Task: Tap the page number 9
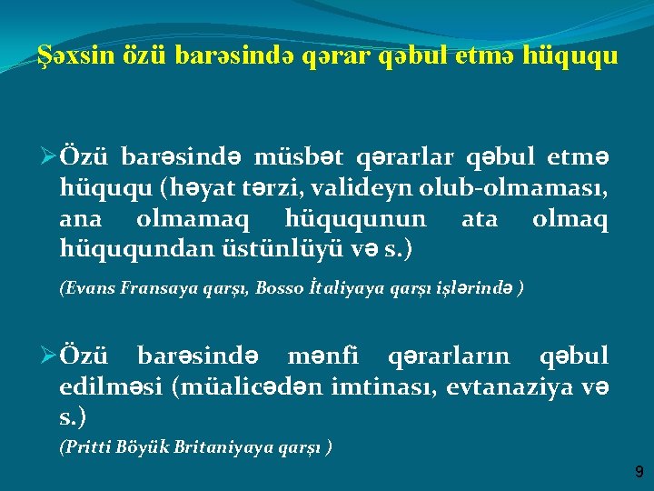tap(639, 472)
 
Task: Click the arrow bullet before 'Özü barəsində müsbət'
tap(49, 158)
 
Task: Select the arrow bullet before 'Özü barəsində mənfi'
tap(49, 356)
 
